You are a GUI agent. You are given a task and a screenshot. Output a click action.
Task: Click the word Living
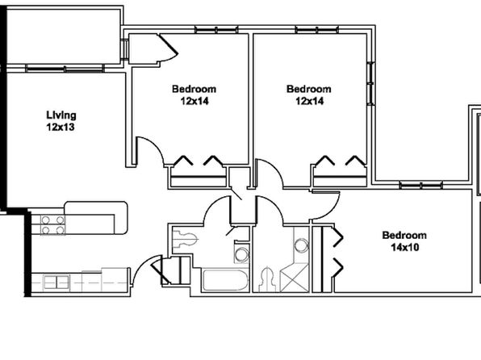(x=61, y=115)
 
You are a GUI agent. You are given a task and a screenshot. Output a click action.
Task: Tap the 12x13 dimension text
(x=61, y=127)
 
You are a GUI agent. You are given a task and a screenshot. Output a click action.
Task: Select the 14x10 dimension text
(x=405, y=247)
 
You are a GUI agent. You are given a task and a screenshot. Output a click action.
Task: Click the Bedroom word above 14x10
(x=404, y=236)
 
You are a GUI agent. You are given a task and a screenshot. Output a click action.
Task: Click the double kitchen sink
(x=56, y=282)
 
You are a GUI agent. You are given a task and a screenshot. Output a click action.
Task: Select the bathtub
(x=225, y=280)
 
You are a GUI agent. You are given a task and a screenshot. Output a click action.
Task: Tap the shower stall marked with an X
(x=295, y=278)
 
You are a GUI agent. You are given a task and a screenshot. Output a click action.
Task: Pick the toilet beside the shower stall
(x=267, y=279)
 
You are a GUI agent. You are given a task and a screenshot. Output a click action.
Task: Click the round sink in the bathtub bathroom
(x=242, y=254)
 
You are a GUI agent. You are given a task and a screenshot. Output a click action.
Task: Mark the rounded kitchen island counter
(x=96, y=218)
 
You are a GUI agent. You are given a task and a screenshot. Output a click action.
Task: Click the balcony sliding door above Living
(x=65, y=69)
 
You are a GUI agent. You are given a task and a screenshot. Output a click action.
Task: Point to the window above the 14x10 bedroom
(x=421, y=185)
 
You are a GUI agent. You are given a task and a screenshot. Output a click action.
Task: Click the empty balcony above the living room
(x=63, y=36)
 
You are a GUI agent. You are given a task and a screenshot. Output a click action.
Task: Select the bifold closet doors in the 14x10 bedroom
(x=337, y=252)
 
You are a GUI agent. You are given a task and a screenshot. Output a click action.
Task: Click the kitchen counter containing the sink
(x=81, y=282)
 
